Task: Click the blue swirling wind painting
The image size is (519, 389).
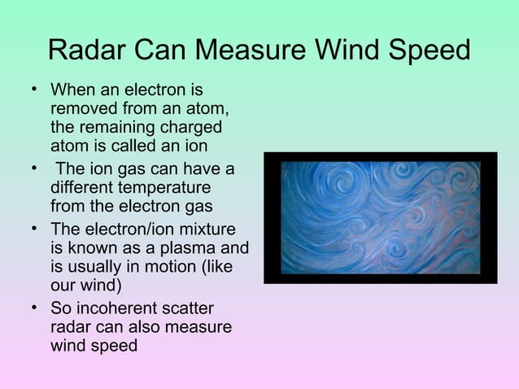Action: [380, 218]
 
